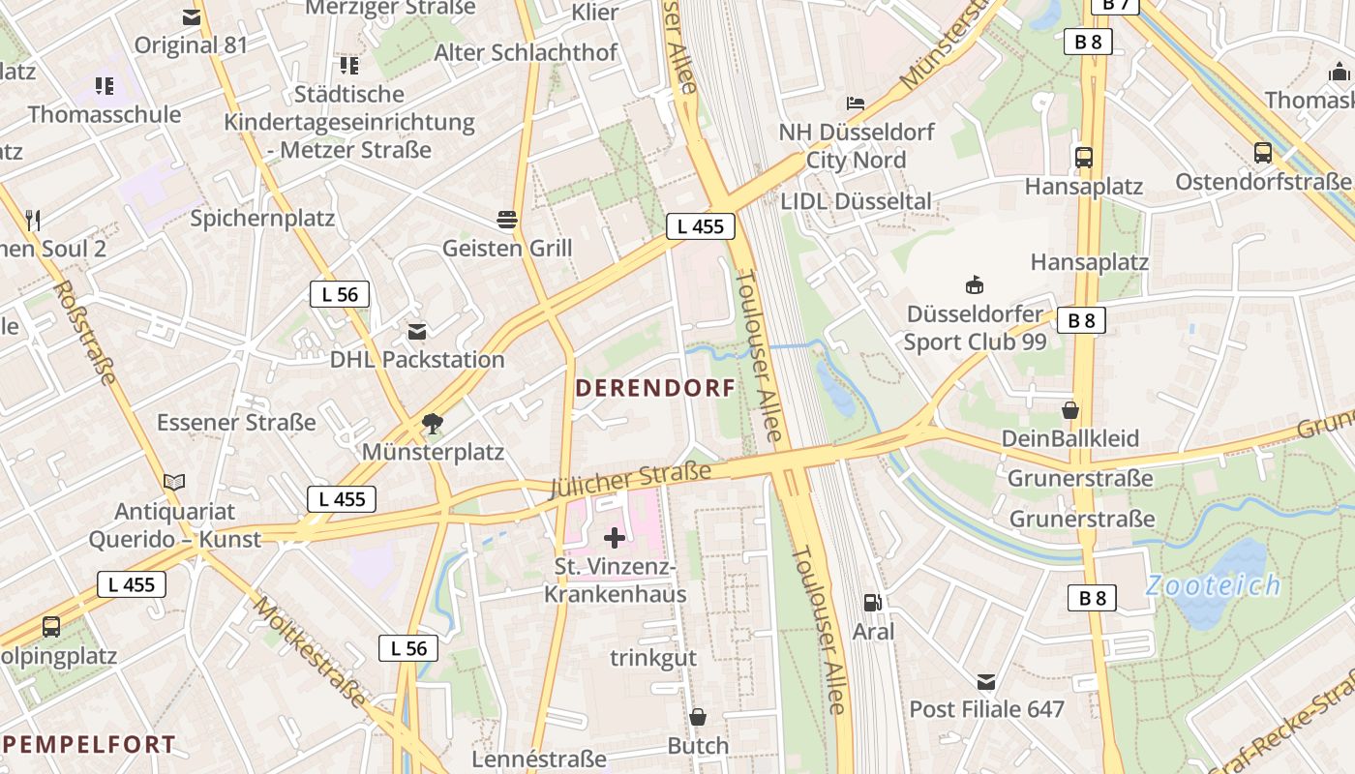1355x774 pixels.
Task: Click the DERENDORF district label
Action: point(655,388)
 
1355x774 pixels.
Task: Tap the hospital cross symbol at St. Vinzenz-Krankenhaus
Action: point(615,537)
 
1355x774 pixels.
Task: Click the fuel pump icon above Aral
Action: point(872,603)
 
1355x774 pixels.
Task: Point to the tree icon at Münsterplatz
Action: point(433,423)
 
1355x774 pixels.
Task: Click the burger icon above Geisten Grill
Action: point(506,220)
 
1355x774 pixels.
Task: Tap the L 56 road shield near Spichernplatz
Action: point(340,294)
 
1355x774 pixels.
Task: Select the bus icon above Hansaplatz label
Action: point(1084,157)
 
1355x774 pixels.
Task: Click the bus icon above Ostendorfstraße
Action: point(1263,152)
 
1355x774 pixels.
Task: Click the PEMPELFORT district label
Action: point(89,745)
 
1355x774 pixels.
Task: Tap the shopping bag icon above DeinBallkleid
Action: point(1069,410)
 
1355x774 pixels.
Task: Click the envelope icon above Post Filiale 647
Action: point(986,681)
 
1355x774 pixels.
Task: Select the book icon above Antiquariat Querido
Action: point(174,482)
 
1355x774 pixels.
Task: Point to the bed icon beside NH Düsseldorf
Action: point(856,103)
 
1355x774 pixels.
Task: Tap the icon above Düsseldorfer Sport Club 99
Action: point(975,284)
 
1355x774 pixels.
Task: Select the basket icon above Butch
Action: point(697,717)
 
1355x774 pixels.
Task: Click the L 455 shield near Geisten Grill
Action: point(701,227)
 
